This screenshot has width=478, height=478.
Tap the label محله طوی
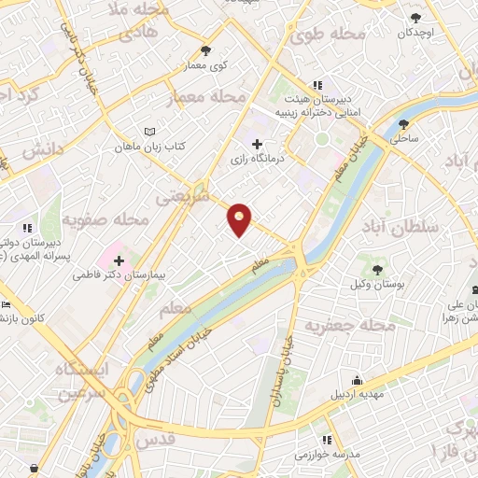(326, 35)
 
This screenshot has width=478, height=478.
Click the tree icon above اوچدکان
(415, 16)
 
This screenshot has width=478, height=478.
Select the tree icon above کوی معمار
(205, 51)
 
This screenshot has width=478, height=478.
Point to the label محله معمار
(207, 97)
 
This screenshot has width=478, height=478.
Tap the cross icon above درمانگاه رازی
(258, 144)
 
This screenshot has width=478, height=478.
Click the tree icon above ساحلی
(404, 123)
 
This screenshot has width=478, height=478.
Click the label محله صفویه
(105, 220)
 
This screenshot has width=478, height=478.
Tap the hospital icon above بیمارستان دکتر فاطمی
(119, 259)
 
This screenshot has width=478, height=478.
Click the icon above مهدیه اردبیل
(356, 380)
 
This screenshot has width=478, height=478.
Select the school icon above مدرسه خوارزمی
(326, 439)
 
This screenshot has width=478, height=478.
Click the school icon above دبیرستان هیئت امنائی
(318, 84)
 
